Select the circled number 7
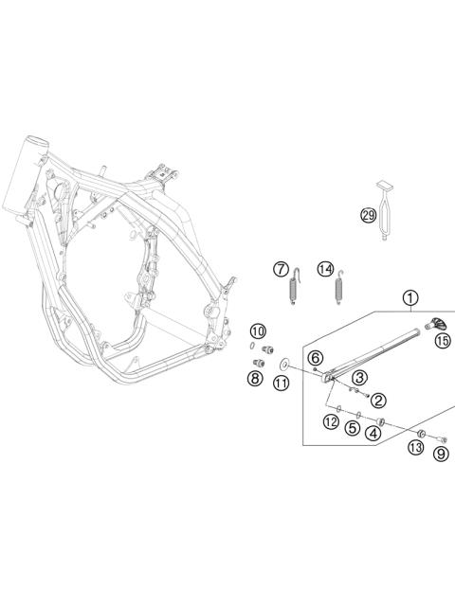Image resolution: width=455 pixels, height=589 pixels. (281, 269)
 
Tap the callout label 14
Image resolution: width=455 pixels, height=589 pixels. (325, 269)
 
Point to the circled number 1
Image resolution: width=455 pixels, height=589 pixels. (409, 300)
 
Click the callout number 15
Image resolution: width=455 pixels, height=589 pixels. (443, 341)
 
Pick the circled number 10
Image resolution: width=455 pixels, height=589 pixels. (258, 330)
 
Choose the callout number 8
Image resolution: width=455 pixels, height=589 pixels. (255, 379)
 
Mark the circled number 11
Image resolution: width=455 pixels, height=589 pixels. (281, 383)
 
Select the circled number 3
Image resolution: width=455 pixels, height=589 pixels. (359, 377)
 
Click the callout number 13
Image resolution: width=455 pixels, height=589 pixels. (416, 447)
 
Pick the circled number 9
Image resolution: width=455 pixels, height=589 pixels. (441, 454)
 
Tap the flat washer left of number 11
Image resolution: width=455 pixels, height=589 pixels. (283, 363)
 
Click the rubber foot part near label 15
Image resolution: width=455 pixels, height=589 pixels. (439, 324)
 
